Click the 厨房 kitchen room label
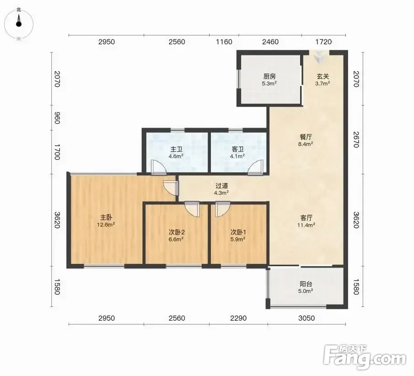point(269,76)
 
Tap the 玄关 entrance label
point(323,76)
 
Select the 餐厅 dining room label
point(306,137)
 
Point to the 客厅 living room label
point(306,218)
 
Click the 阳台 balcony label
point(306,284)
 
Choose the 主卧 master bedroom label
point(106,218)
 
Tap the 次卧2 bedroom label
point(177,232)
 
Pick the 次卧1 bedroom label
point(238,232)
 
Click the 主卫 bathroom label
point(176,150)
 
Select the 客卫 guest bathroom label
point(237,150)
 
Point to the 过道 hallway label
point(221,186)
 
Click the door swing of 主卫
point(159,168)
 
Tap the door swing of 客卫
point(256,168)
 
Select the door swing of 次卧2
point(192,209)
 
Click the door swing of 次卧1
point(222,209)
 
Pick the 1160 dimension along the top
point(224,42)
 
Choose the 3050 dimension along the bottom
point(306,318)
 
